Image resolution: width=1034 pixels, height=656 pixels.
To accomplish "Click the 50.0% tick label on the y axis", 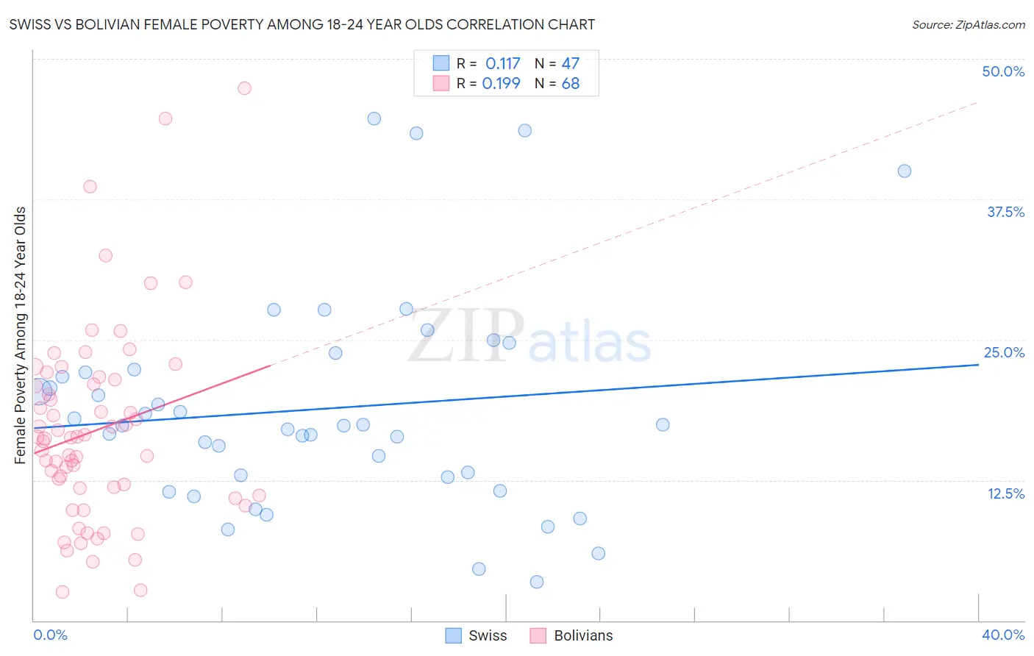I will pyautogui.click(x=1003, y=71).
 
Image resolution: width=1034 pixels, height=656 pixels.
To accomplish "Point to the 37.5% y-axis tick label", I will pyautogui.click(x=1005, y=212).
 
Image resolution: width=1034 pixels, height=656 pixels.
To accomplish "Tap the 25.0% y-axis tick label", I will pyautogui.click(x=1004, y=352).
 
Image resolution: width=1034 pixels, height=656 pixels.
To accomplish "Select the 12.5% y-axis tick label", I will pyautogui.click(x=1005, y=493).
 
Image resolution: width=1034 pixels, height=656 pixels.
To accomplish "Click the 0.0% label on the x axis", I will pyautogui.click(x=50, y=635).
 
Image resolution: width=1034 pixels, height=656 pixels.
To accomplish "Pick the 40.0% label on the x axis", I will pyautogui.click(x=1003, y=635).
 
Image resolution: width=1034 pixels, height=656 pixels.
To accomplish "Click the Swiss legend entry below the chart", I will pyautogui.click(x=488, y=635).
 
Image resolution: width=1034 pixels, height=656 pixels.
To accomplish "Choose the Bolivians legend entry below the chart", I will pyautogui.click(x=583, y=635).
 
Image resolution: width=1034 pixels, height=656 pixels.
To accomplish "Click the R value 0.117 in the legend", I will pyautogui.click(x=502, y=63).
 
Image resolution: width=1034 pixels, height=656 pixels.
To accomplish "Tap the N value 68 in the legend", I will pyautogui.click(x=571, y=83).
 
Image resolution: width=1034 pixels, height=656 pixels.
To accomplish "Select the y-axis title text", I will pyautogui.click(x=21, y=335).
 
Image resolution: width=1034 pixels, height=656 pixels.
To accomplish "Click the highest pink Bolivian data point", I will pyautogui.click(x=244, y=88).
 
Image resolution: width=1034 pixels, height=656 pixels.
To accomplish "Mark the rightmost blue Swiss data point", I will pyautogui.click(x=905, y=171).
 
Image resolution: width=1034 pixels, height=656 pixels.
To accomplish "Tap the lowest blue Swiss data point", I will pyautogui.click(x=537, y=582).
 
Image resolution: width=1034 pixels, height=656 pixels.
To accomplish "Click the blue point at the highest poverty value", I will pyautogui.click(x=374, y=118).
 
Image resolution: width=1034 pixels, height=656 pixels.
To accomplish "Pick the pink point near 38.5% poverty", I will pyautogui.click(x=90, y=187).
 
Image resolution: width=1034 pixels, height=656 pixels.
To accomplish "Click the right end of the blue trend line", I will pyautogui.click(x=978, y=365).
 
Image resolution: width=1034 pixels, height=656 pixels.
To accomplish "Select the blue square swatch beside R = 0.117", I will pyautogui.click(x=441, y=63).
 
